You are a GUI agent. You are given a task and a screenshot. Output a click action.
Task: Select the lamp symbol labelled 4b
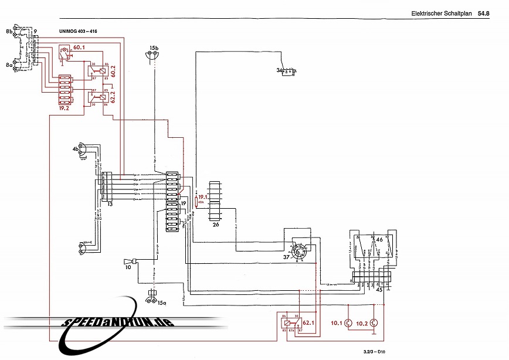pyautogui.click(x=85, y=151)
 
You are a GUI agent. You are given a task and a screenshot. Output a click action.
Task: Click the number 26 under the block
pyautogui.click(x=216, y=224)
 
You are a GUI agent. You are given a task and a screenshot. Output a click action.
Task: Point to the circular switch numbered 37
pyautogui.click(x=300, y=254)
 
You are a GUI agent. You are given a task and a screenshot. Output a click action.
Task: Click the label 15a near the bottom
pyautogui.click(x=161, y=303)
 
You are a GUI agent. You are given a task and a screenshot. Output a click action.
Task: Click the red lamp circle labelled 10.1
pyautogui.click(x=347, y=323)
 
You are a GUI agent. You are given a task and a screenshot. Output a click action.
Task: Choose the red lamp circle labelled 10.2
pyautogui.click(x=375, y=323)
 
